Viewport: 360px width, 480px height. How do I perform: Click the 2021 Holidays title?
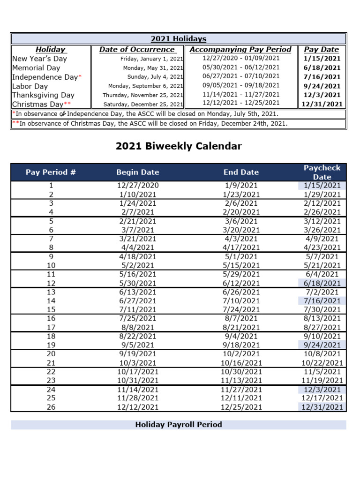(178, 39)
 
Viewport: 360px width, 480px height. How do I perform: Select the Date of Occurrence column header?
(137, 49)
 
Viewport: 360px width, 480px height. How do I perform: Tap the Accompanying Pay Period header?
(240, 49)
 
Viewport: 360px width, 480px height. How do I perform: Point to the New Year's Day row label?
(39, 59)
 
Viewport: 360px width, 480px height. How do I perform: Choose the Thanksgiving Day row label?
(43, 95)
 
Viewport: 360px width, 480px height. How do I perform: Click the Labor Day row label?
(30, 86)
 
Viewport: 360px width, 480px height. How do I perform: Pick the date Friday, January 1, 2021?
(151, 59)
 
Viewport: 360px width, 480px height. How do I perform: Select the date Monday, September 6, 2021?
(145, 86)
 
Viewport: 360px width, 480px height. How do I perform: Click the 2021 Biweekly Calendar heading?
(179, 146)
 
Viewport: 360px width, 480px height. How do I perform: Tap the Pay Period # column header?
(51, 172)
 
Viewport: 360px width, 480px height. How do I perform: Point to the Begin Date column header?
(137, 172)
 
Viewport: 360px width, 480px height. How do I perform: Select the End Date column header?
(241, 172)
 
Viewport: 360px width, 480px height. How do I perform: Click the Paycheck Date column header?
(322, 172)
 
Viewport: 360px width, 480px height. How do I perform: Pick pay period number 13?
(51, 292)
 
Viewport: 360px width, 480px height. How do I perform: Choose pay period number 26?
(51, 407)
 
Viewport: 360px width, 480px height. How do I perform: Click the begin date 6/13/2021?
(137, 292)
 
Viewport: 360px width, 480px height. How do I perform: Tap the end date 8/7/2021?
(241, 319)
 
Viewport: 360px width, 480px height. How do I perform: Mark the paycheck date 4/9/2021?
(322, 239)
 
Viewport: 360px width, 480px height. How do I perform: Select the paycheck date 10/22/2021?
(322, 363)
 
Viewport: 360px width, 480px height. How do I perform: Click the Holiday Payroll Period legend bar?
(179, 425)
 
